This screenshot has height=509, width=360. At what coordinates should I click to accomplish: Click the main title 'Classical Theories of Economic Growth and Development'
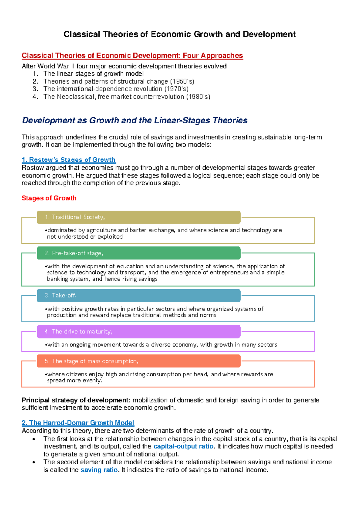point(179,34)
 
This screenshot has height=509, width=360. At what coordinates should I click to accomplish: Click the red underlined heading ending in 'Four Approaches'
point(132,56)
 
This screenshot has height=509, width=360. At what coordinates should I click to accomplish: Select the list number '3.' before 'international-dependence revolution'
point(35,89)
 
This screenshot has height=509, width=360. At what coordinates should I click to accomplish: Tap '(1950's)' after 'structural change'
point(182,81)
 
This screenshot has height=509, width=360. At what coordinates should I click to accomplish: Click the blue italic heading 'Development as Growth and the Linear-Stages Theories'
point(135,120)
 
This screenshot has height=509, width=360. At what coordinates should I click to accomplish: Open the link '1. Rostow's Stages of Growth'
point(69,160)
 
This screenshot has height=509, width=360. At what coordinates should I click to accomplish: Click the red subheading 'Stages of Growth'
point(49,198)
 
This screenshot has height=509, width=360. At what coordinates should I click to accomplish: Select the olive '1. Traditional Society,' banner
point(139,217)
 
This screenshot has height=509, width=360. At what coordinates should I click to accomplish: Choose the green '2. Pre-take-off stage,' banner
point(139,253)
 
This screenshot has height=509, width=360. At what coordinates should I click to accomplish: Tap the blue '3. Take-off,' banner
point(139,295)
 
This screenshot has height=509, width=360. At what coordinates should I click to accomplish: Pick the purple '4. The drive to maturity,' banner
point(139,331)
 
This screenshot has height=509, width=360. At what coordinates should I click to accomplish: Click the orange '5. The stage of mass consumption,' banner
point(139,361)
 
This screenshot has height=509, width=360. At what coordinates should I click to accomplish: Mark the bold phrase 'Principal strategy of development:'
point(76,400)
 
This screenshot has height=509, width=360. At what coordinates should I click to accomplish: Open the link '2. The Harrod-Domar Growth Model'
point(78,423)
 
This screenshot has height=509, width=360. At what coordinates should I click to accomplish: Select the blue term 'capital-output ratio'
point(183,446)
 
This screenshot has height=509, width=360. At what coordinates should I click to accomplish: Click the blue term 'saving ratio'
point(99,470)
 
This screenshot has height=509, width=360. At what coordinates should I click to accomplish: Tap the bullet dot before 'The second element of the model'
point(34,462)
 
